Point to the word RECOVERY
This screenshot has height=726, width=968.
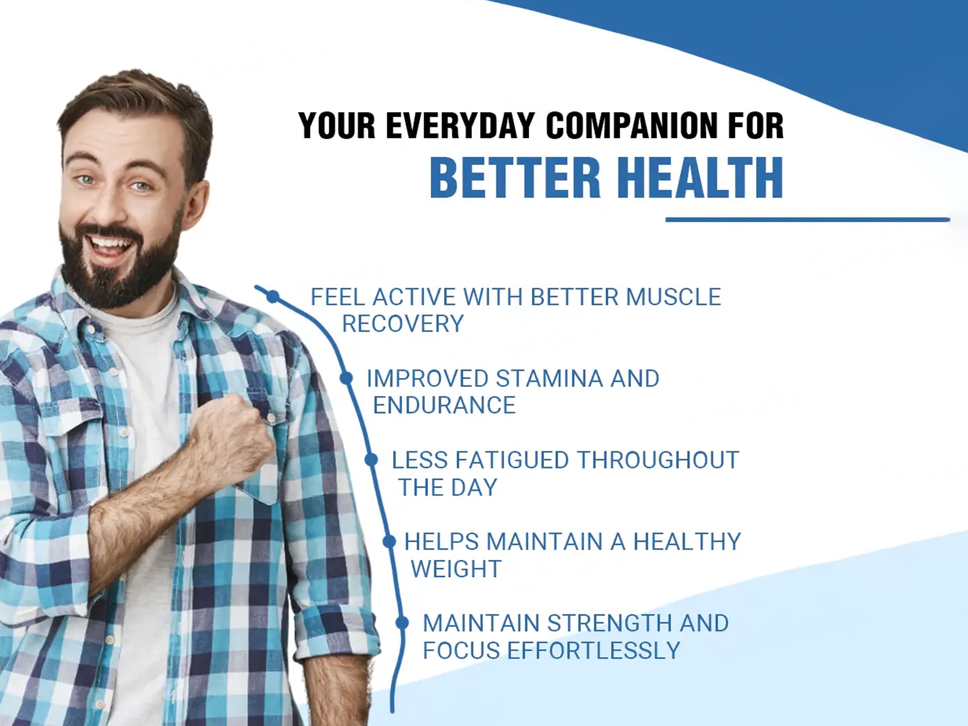[403, 324]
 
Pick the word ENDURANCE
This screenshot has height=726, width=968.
[444, 405]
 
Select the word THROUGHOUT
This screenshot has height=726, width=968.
[658, 460]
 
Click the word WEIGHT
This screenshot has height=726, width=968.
[456, 568]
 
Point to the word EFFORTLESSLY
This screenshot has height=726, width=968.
[593, 650]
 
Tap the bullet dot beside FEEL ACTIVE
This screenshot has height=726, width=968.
[273, 297]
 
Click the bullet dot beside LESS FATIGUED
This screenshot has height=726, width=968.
[371, 460]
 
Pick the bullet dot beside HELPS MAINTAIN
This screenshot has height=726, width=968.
[389, 542]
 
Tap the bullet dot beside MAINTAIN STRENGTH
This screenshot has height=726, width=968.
[402, 622]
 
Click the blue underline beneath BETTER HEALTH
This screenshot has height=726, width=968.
[808, 220]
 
